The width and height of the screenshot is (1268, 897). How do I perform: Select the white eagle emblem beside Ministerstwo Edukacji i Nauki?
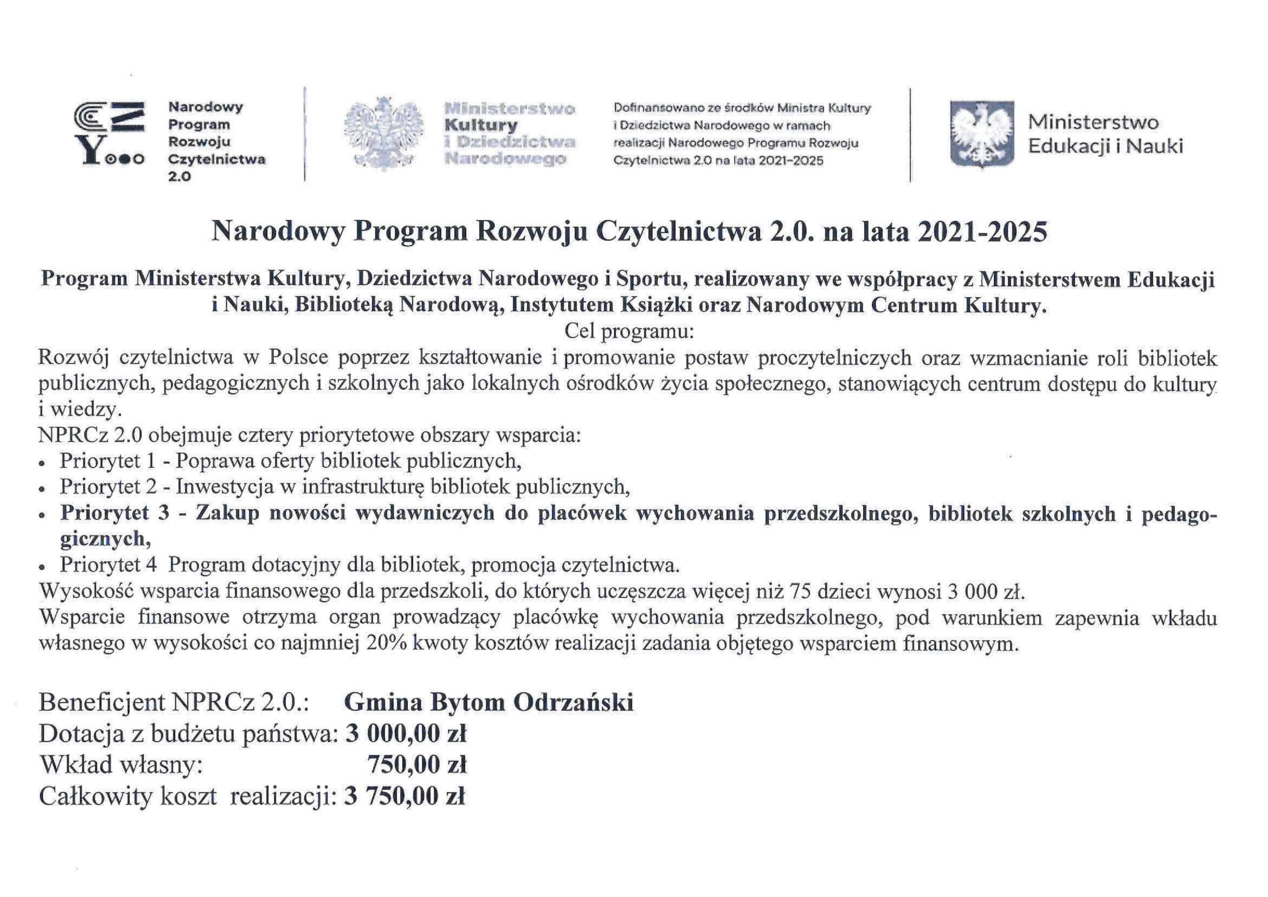[982, 133]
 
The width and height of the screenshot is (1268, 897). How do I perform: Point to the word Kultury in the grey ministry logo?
[481, 125]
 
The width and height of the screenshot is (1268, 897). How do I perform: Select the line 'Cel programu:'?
[628, 332]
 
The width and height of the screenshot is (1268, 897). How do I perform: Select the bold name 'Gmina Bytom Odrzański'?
[489, 702]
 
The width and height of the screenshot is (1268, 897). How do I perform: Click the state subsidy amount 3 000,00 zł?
[406, 734]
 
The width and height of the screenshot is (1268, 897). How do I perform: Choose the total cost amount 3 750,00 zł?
[404, 796]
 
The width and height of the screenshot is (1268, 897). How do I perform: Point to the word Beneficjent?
[102, 702]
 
